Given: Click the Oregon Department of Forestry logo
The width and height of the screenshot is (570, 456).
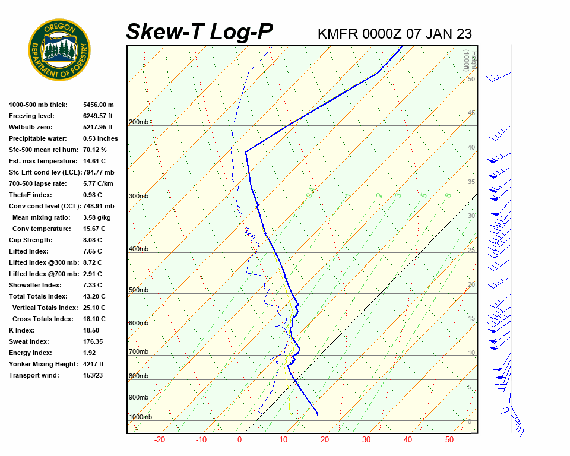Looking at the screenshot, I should tap(59, 50).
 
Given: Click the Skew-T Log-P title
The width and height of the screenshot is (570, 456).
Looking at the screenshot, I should tap(199, 32).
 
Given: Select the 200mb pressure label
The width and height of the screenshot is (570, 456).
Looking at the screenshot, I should tap(138, 122).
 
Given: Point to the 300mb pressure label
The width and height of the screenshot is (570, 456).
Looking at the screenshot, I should tap(138, 196).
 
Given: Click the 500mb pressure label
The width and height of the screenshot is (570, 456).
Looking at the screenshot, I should tap(138, 290).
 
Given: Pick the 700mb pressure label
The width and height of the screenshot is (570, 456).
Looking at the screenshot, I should tap(138, 352).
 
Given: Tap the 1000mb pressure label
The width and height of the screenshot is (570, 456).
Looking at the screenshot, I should tap(140, 417).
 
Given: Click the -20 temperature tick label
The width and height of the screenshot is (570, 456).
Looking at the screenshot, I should tap(160, 440).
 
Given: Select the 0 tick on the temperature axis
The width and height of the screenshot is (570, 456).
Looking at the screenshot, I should tap(239, 440).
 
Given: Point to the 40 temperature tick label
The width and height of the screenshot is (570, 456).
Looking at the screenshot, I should tap(408, 440).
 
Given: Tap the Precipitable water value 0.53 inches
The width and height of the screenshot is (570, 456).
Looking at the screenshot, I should tap(100, 138).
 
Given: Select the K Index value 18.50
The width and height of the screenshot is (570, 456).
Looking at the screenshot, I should tap(91, 330).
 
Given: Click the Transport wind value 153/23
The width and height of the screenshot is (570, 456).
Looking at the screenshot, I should tap(93, 375).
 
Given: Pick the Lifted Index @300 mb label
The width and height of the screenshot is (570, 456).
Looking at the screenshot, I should tap(39, 262).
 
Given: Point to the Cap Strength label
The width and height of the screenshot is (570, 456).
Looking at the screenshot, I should tap(30, 240).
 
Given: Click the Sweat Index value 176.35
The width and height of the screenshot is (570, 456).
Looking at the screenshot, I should tap(93, 341).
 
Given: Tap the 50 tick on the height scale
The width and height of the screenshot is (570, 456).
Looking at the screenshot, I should tap(471, 79).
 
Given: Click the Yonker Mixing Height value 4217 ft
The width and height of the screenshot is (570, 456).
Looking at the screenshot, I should tap(93, 364).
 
